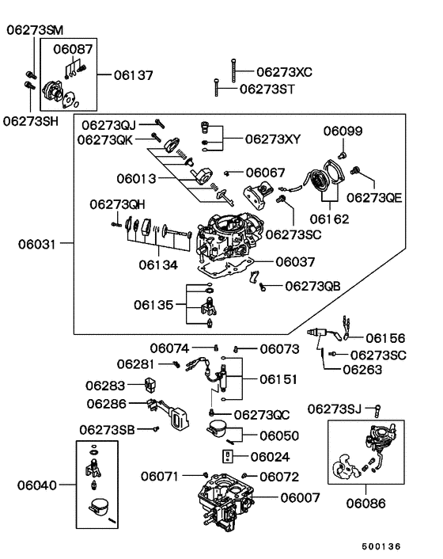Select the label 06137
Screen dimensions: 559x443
132,75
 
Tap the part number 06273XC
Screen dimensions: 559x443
284,71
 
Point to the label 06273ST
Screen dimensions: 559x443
267,89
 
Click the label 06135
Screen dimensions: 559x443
153,303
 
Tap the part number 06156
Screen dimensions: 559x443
385,337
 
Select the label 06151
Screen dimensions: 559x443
278,379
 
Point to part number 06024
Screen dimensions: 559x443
270,457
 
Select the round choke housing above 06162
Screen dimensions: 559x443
324,177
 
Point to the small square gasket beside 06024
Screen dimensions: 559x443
227,457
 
